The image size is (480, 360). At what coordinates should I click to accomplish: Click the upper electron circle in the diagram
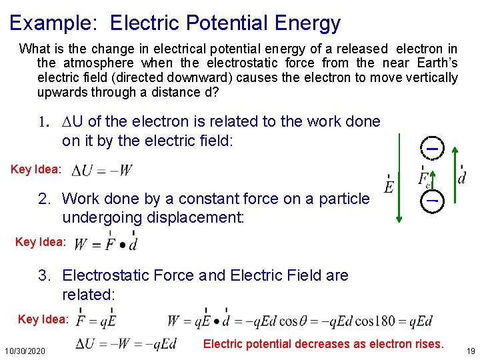coord(432,148)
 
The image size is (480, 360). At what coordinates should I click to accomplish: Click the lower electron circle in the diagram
coord(432,199)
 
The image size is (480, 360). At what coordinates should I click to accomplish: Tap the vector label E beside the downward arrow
coord(389,183)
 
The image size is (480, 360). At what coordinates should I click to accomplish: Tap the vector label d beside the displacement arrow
coord(462,177)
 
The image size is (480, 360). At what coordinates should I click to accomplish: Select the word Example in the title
coord(53,23)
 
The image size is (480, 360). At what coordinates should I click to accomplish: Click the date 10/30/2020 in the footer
coord(25,350)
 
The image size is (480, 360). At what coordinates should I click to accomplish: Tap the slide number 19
coord(471,350)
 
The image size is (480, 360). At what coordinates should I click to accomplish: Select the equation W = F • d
coord(106,243)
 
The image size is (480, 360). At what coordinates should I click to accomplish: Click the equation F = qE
coord(97,321)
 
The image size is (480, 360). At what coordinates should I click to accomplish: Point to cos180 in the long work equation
coord(376,321)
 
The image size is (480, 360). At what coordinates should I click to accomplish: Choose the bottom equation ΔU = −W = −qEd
coord(126,344)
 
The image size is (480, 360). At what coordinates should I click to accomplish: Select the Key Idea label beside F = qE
coord(43,319)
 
